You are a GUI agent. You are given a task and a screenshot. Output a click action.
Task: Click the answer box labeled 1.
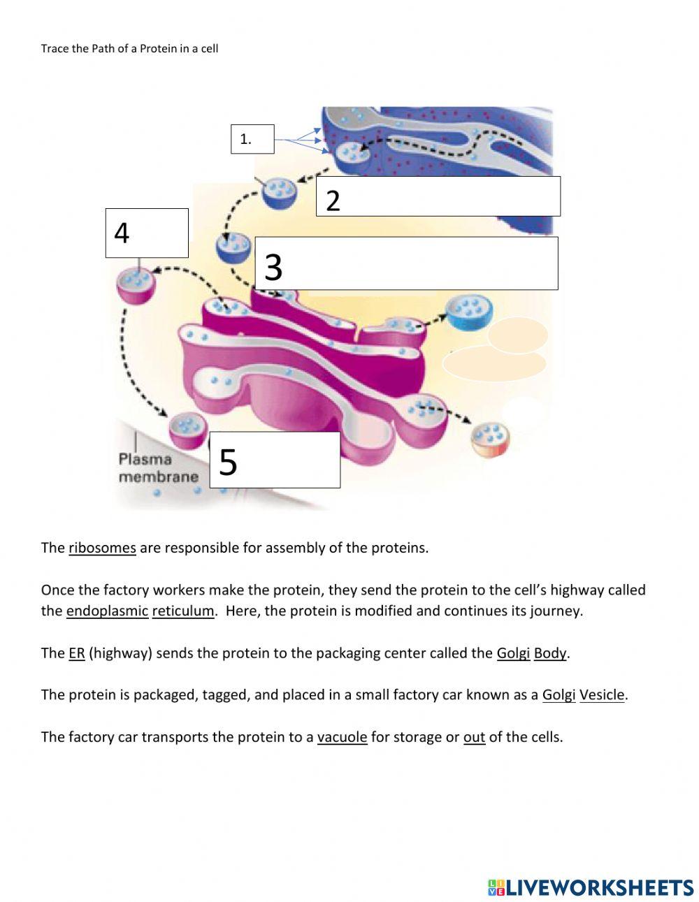[252, 139]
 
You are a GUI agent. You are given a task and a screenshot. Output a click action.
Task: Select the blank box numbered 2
[438, 196]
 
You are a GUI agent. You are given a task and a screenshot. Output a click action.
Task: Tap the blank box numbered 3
[406, 263]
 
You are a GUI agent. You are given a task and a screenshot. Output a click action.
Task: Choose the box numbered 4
[147, 233]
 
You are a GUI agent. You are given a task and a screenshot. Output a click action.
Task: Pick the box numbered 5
[275, 460]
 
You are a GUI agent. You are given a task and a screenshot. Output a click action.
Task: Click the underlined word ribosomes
[102, 548]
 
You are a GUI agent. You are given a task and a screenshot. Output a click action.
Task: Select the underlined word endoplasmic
[107, 611]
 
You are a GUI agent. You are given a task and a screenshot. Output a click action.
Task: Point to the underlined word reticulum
[183, 611]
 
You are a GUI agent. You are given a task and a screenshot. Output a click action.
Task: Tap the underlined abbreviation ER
[76, 653]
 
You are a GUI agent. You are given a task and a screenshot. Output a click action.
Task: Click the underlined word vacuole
[342, 737]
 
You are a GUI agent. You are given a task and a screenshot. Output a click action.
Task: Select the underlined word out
[474, 737]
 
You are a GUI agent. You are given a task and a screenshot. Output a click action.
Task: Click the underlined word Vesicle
[602, 695]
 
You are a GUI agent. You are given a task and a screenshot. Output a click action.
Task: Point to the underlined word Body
[550, 653]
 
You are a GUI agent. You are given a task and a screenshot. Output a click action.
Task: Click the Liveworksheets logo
[591, 887]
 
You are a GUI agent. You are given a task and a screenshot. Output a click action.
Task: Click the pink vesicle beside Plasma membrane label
[188, 429]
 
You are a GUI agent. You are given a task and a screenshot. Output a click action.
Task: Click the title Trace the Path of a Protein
[129, 48]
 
